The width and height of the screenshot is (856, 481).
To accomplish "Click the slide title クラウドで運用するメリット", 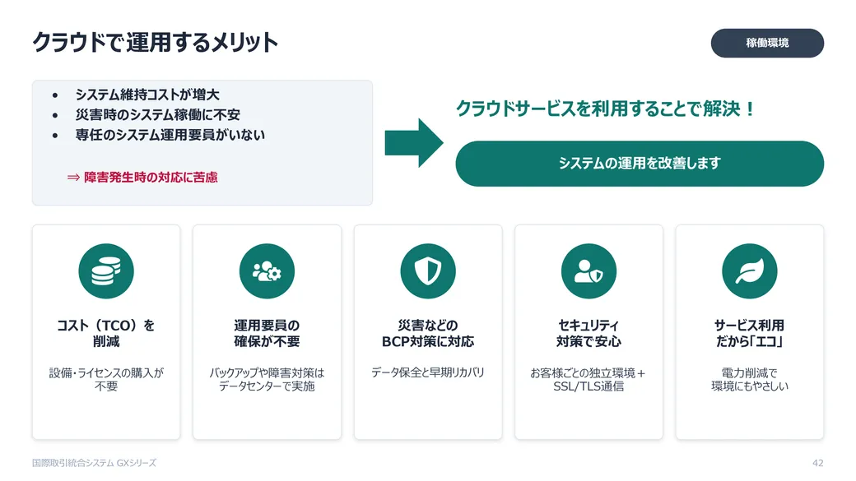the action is point(155,43).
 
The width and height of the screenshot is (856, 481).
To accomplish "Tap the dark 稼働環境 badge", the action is point(767,43).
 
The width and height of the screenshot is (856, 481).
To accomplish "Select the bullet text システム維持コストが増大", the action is point(147,95).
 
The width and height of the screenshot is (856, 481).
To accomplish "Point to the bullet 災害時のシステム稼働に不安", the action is point(158,115).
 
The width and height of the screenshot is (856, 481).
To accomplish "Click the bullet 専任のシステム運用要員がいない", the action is point(170,135).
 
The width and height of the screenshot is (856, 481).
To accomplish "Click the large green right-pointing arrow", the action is point(414,143).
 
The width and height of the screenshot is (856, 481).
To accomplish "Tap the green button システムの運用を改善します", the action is point(640,164).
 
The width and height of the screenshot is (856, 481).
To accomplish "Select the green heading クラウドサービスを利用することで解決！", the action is point(606,109).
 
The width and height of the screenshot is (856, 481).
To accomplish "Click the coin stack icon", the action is point(106,271).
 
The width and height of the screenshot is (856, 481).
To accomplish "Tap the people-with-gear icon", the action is point(267,271).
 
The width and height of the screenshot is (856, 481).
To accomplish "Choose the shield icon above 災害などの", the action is point(428,271).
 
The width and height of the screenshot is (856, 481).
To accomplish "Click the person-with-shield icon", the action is point(588,271).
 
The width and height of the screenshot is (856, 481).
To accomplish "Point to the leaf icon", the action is point(750,271).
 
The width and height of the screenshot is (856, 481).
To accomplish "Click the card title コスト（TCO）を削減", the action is point(106,333).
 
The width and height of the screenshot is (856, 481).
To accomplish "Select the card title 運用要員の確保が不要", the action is point(267,333).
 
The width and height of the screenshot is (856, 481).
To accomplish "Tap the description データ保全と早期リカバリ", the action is point(428,372).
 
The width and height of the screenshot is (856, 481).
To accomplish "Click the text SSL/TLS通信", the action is point(588,386).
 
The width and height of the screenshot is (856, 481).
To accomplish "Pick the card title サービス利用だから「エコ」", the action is point(750,333).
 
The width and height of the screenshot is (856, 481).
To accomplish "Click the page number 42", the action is point(818,463).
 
